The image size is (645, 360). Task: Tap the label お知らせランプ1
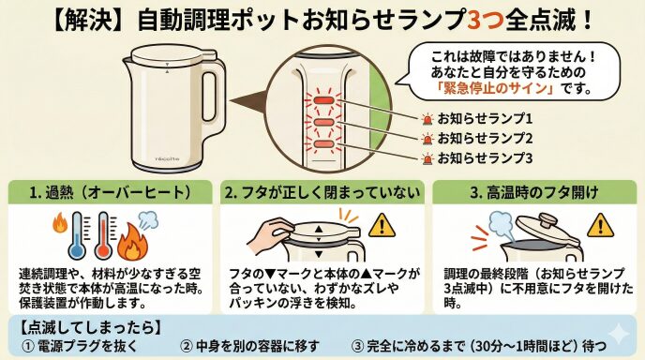pos(485,119)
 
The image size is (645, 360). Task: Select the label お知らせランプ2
pos(485,138)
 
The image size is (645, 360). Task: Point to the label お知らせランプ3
pos(485,157)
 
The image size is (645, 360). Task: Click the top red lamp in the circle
pos(323,100)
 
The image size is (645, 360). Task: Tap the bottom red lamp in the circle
pos(323,144)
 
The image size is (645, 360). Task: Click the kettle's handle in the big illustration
pos(214,98)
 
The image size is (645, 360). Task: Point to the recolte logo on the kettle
pos(167,158)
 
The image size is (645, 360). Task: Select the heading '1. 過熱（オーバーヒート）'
pos(111,192)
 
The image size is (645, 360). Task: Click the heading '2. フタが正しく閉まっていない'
pos(322,192)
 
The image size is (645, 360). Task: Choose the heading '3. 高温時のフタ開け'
pos(534,192)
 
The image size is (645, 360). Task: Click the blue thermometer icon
pos(77,235)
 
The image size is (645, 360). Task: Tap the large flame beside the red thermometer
pos(132,243)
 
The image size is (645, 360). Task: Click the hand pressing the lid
pos(270,234)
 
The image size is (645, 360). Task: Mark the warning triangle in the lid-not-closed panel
pos(382,225)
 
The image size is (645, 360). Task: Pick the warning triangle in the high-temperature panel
pos(601,225)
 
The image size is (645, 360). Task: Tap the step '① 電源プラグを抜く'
pos(79,346)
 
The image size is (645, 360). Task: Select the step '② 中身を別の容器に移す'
pos(249,346)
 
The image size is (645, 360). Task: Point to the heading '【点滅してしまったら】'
pos(90,327)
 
